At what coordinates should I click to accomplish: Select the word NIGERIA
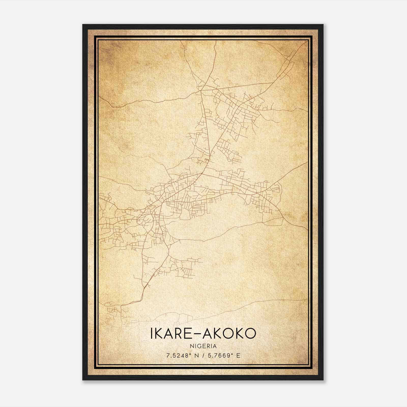pyautogui.click(x=203, y=346)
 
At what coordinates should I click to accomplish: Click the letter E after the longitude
pyautogui.click(x=238, y=356)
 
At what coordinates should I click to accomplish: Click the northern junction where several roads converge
pyautogui.click(x=201, y=90)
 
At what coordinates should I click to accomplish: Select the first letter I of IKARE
pyautogui.click(x=152, y=333)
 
